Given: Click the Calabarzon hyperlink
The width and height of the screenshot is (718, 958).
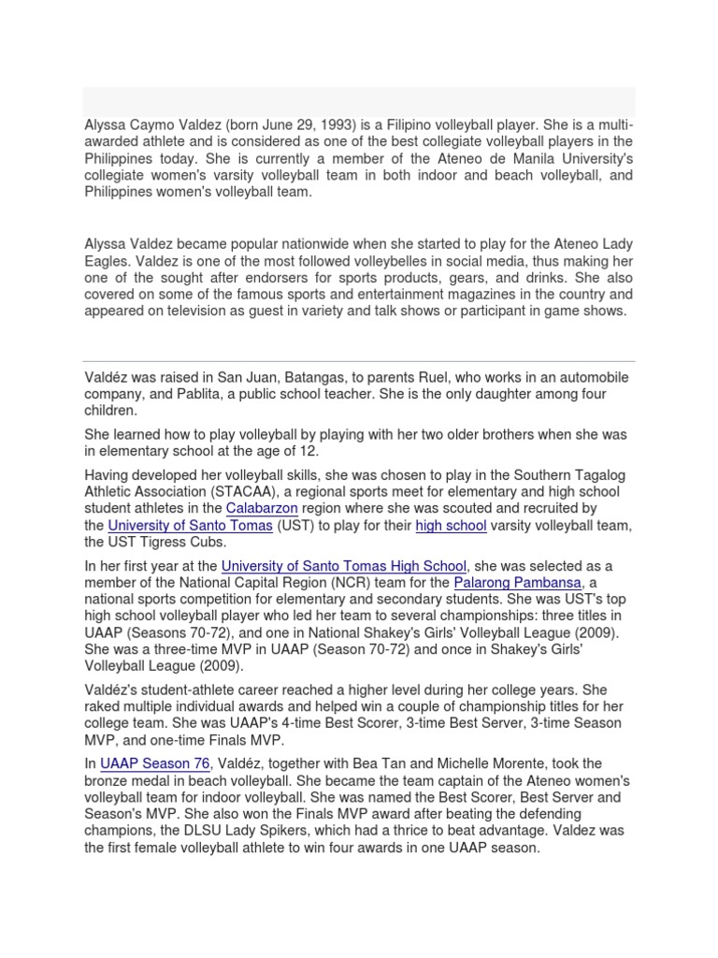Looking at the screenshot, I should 262,508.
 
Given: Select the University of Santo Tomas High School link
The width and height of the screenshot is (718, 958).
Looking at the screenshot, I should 343,566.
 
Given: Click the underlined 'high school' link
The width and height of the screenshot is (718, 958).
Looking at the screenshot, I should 451,526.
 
